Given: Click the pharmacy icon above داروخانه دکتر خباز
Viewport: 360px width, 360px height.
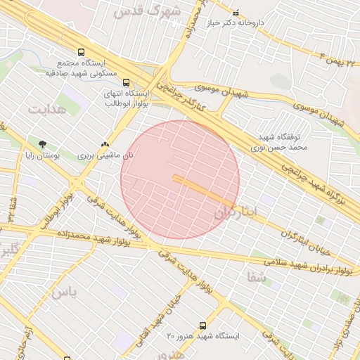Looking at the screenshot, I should click(236, 13).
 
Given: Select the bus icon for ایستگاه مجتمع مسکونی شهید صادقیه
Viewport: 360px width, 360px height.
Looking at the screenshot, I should click(82, 52).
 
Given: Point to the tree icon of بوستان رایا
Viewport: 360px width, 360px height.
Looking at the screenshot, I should click(43, 143).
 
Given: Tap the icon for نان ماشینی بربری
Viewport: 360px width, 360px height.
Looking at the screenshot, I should click(105, 143).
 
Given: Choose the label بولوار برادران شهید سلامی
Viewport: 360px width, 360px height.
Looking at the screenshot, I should click(311, 266).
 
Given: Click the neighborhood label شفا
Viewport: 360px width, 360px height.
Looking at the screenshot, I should click(256, 278).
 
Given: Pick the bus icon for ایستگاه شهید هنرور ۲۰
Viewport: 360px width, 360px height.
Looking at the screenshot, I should click(203, 326).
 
